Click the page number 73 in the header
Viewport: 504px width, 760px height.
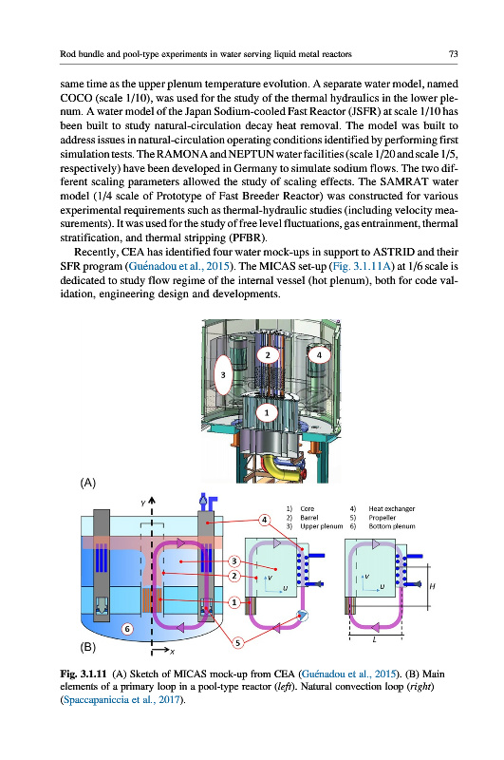[x=453, y=54]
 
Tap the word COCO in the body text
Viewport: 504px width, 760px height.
[x=76, y=98]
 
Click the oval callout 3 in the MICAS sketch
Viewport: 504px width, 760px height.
[x=223, y=374]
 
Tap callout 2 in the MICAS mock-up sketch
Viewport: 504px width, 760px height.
[x=268, y=355]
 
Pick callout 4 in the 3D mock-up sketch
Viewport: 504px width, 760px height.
[x=319, y=355]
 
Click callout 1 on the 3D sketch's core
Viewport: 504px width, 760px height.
[x=267, y=413]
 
